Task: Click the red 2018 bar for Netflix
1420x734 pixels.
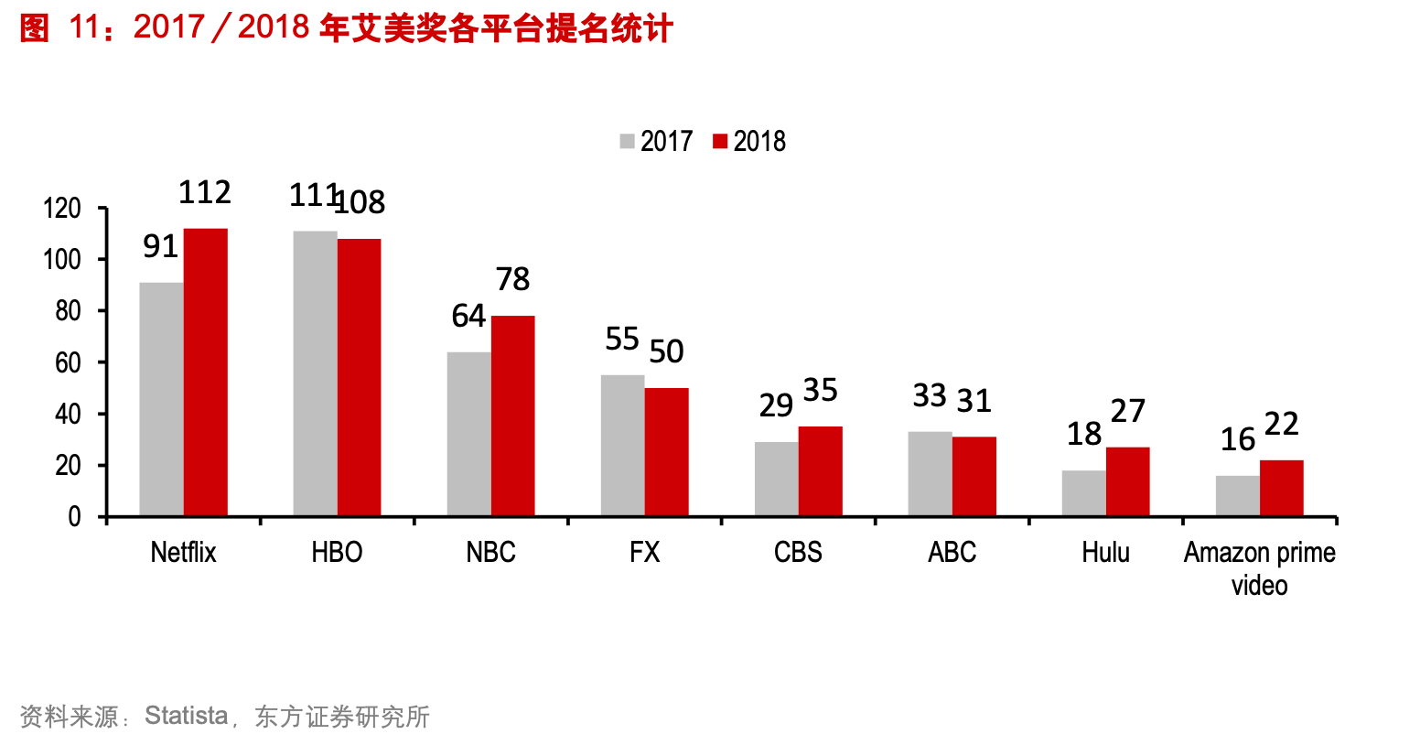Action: click(205, 372)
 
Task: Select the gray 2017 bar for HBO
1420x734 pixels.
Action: click(315, 373)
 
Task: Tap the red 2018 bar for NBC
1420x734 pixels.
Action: click(512, 416)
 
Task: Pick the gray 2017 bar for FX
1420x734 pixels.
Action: click(622, 446)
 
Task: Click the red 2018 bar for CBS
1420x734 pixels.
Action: click(820, 471)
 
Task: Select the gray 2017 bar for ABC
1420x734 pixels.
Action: click(930, 474)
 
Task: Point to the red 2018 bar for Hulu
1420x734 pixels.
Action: click(1127, 481)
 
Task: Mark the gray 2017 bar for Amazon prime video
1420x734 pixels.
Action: click(1237, 496)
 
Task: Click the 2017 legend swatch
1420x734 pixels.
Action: click(627, 141)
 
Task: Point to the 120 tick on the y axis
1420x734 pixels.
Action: click(62, 209)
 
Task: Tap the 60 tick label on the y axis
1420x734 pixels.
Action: click(69, 363)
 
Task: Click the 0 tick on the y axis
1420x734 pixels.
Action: click(75, 517)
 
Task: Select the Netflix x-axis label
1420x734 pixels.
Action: click(183, 552)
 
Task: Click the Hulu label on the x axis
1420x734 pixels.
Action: click(1105, 552)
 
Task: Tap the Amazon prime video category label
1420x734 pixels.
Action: click(1259, 567)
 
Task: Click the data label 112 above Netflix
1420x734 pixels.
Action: click(204, 192)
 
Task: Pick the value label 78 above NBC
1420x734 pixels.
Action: click(512, 279)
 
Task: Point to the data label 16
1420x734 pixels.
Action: click(1237, 439)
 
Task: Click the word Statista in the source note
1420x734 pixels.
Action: click(186, 715)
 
